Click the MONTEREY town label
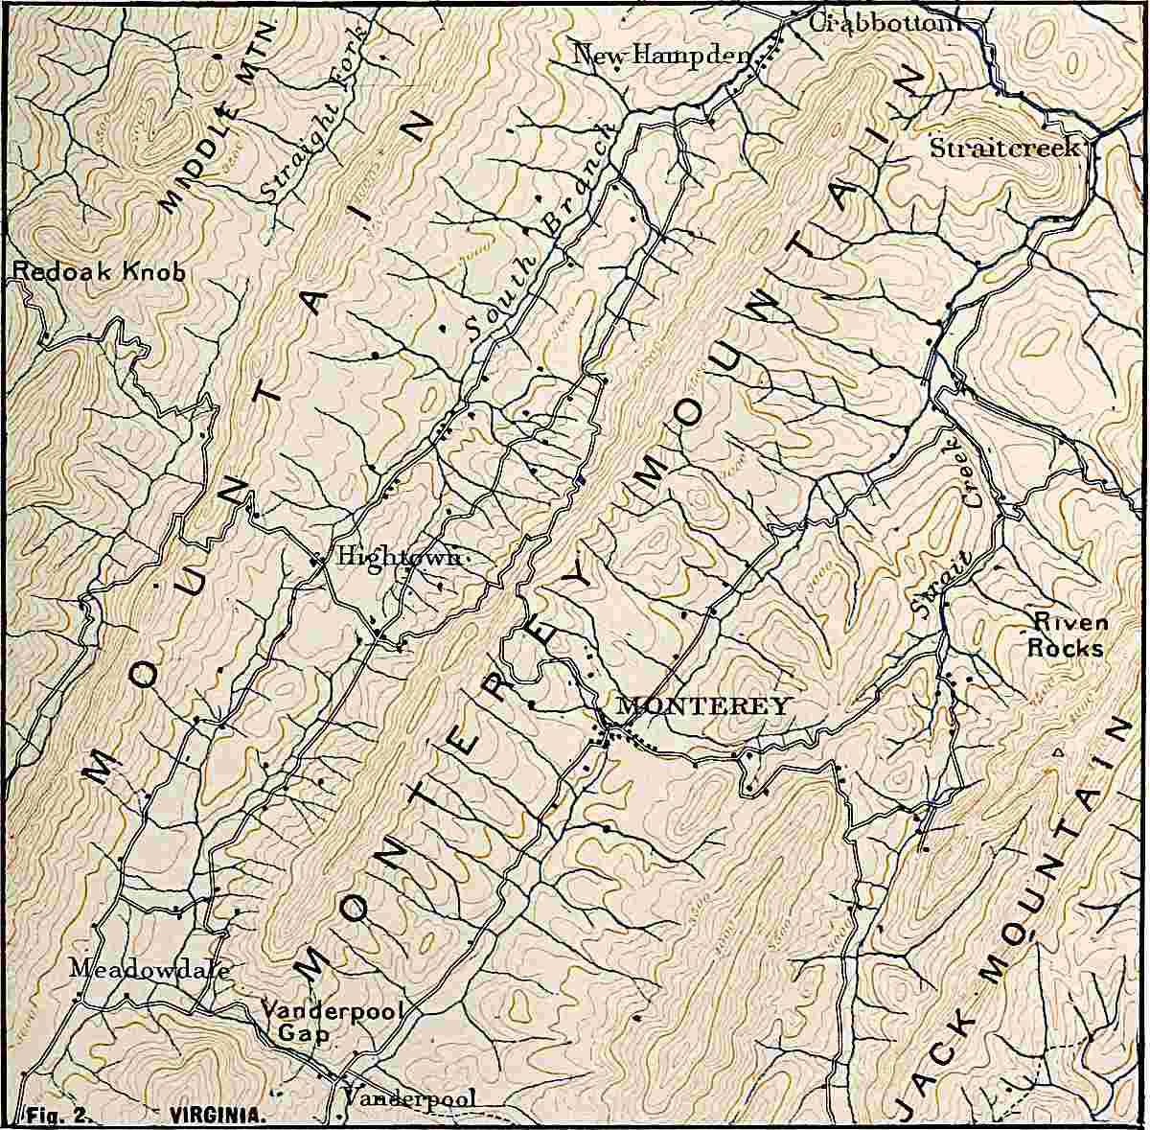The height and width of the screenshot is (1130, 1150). click(x=702, y=706)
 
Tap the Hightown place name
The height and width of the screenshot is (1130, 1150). click(x=399, y=557)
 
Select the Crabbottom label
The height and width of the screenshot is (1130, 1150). click(x=884, y=23)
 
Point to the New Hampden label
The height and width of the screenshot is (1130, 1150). click(x=660, y=56)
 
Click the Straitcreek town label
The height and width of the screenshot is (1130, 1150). click(x=1005, y=149)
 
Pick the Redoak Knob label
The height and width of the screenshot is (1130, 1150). click(x=99, y=272)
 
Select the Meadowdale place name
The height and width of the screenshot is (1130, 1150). click(x=149, y=969)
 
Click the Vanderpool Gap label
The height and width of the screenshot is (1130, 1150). click(x=332, y=1023)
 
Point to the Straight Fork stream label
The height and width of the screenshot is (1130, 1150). click(x=313, y=115)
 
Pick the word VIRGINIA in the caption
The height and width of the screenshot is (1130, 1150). click(x=217, y=1116)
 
